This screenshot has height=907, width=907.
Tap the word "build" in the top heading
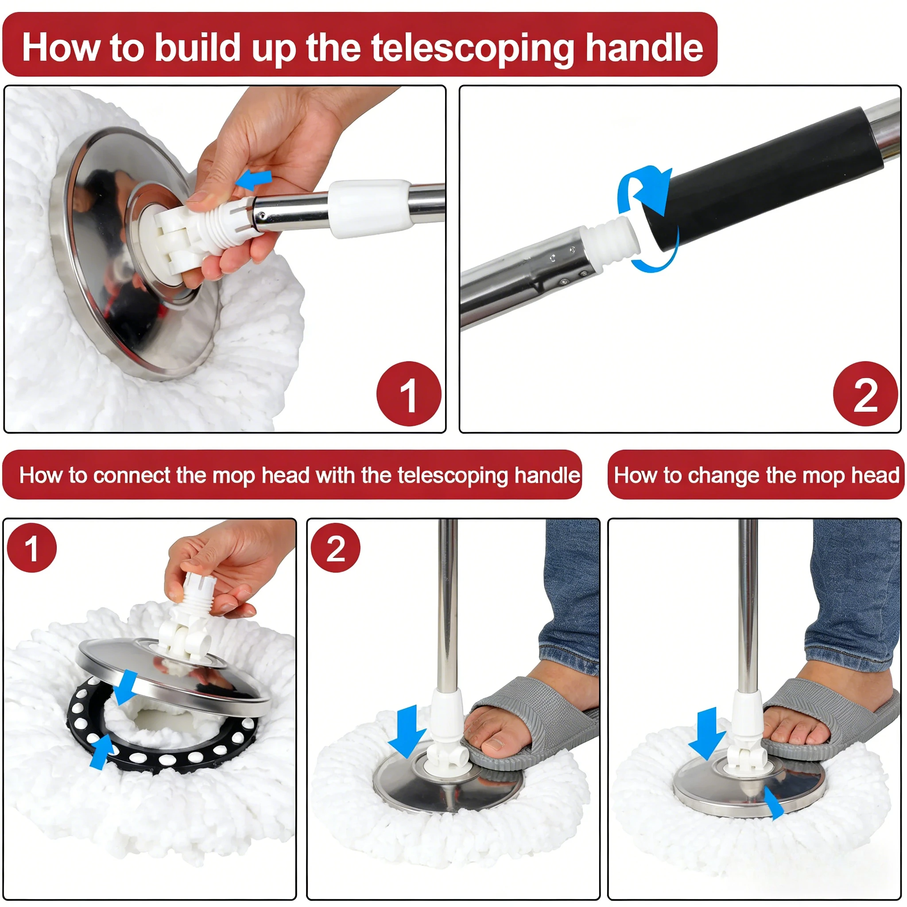(198, 47)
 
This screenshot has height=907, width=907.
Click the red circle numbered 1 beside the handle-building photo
(409, 393)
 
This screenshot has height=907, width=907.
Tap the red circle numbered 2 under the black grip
(865, 393)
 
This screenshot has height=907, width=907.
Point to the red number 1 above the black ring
(32, 548)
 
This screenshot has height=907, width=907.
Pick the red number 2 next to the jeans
(336, 548)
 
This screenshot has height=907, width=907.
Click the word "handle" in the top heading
(644, 47)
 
